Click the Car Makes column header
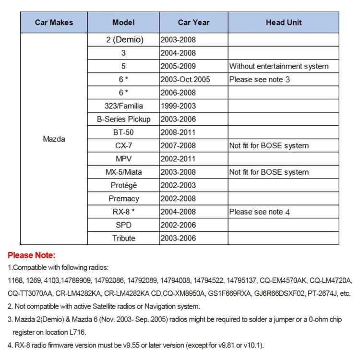(53, 22)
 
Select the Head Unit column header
(283, 22)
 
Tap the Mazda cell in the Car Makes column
(54, 139)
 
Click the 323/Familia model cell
(123, 106)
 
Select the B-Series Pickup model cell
(123, 120)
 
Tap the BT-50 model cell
(123, 132)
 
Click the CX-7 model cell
(123, 146)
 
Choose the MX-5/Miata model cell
(123, 172)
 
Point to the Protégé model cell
(123, 185)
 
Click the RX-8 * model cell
(123, 212)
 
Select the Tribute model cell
(123, 238)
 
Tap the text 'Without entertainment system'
(279, 66)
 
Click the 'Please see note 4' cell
(259, 212)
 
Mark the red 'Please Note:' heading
(32, 255)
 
